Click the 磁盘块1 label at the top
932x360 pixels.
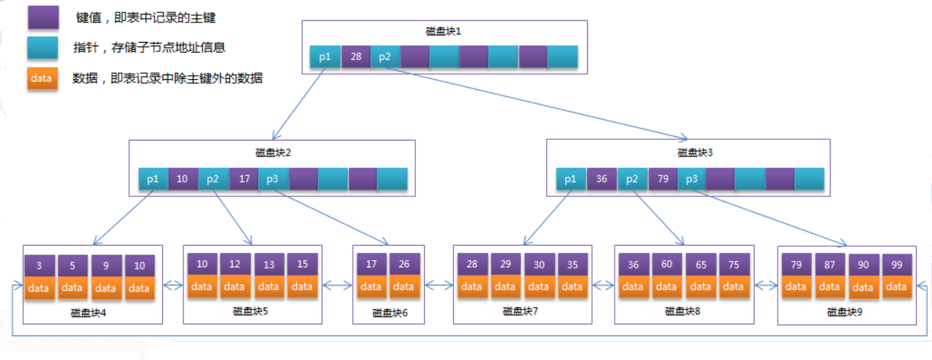[x=443, y=31]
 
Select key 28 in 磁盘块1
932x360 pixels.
[x=356, y=56]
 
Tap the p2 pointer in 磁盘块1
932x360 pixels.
[x=385, y=56]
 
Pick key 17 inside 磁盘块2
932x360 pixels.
[x=244, y=179]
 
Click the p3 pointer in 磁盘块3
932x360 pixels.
[x=691, y=179]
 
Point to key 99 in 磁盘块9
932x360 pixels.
[x=896, y=265]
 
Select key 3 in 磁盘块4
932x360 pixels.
[x=39, y=266]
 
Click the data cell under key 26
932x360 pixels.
[x=404, y=286]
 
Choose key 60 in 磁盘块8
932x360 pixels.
[x=667, y=264]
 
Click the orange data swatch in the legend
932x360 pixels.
[x=42, y=78]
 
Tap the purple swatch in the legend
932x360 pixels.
[x=43, y=17]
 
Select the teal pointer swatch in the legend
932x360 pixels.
[x=43, y=47]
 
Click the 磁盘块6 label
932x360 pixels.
[x=390, y=313]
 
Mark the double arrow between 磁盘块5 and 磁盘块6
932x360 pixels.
[x=337, y=285]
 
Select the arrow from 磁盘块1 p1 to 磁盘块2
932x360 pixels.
[x=299, y=104]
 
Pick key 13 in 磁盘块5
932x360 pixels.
[x=269, y=264]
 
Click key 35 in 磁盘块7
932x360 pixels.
[x=573, y=264]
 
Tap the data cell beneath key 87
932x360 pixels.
[x=829, y=286]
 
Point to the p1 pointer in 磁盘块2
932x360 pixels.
[x=153, y=179]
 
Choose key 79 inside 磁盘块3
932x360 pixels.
[x=663, y=179]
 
